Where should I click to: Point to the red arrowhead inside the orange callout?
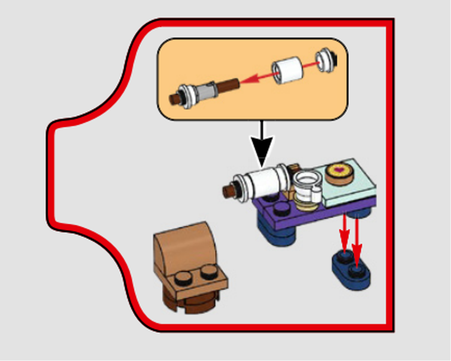pyautogui.click(x=247, y=79)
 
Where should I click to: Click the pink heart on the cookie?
pyautogui.click(x=339, y=171)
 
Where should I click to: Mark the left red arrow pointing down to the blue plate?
pyautogui.click(x=345, y=235)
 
